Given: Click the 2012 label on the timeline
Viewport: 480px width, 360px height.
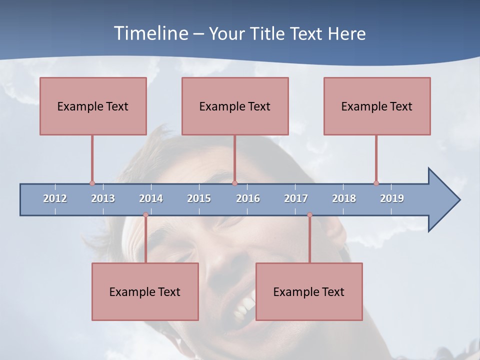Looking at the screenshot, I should click(55, 198).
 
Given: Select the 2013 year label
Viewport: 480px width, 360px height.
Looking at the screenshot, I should click(103, 198).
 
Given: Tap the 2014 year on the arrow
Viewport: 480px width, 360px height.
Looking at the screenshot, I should click(151, 198).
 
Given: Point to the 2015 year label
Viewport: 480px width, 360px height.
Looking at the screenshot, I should click(199, 198).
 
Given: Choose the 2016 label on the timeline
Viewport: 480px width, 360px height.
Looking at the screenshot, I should click(248, 198).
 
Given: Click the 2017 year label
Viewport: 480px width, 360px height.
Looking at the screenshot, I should click(296, 198).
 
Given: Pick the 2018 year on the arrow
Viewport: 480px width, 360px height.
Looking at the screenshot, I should click(344, 198).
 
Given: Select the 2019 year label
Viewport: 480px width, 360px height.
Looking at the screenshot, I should click(392, 198).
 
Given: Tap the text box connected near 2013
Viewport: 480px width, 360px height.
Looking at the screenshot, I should click(93, 106).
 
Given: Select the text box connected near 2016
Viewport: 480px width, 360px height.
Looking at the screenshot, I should click(235, 106).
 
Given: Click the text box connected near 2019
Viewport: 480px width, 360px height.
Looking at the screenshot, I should click(377, 106).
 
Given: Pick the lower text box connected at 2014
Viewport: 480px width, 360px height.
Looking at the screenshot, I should click(145, 291).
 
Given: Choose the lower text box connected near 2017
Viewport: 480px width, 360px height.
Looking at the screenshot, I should click(309, 291).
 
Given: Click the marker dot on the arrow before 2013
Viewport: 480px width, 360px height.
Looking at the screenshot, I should click(92, 183).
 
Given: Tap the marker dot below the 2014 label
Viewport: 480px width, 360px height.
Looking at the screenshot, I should click(145, 215).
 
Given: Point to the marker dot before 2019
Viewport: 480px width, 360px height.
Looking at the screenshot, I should click(376, 183).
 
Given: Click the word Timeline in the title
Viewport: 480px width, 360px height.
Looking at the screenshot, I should click(150, 33).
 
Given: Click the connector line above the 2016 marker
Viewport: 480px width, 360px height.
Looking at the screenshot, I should click(235, 157).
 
